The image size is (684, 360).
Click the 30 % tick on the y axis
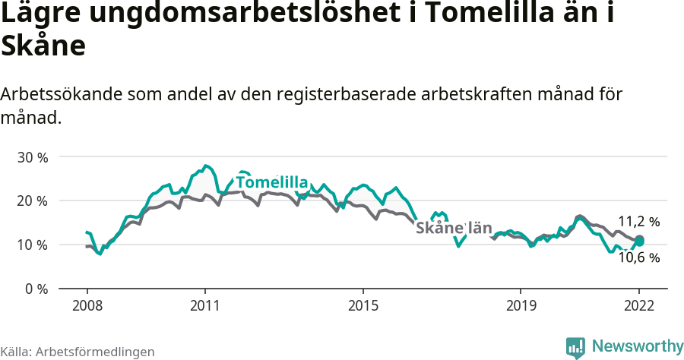[x=33, y=157]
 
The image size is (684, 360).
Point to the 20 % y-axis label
[x=33, y=201]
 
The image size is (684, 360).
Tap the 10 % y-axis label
[x=33, y=245]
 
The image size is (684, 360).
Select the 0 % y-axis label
[x=36, y=289]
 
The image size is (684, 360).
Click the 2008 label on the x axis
[x=87, y=305]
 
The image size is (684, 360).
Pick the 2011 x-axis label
[x=205, y=305]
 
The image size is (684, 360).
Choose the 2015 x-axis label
[x=363, y=305]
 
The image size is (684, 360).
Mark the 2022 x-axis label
[x=639, y=305]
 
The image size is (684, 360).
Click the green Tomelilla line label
[x=271, y=183]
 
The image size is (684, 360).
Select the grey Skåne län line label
[x=454, y=228]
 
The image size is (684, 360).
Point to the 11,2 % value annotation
[x=638, y=222]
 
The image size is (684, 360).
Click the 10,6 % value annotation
[x=638, y=257]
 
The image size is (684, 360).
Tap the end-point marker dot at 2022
[x=639, y=241]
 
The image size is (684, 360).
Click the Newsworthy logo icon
[x=575, y=347]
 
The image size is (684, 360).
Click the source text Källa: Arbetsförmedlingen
[x=78, y=352]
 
